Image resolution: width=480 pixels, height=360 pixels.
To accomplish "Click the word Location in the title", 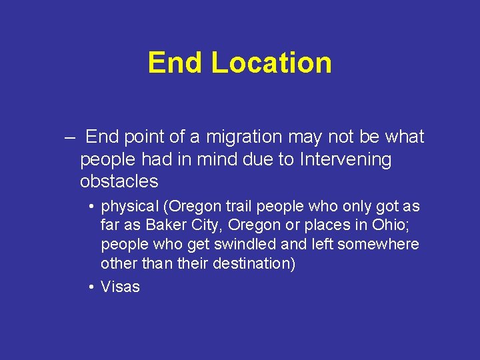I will (x=271, y=63).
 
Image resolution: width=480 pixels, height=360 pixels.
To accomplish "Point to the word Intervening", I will (x=346, y=159).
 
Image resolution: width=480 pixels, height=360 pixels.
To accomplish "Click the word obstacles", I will (x=119, y=181).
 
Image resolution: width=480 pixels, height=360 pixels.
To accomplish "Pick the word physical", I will (x=129, y=207).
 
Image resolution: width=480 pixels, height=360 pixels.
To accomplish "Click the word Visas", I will (x=120, y=287).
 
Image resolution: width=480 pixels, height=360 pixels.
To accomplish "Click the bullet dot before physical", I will (x=91, y=208).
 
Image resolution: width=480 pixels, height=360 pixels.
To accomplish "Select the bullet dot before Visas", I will (x=91, y=287).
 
